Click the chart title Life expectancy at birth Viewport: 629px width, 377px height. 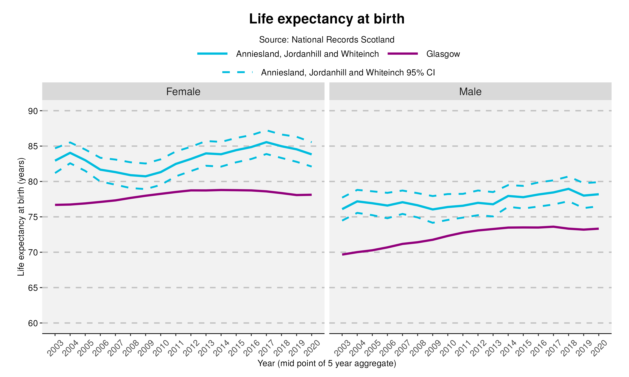point(326,19)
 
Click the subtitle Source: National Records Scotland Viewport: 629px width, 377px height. point(326,40)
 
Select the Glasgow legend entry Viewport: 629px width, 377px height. point(443,54)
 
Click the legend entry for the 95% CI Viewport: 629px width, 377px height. point(348,73)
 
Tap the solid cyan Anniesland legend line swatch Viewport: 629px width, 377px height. point(212,54)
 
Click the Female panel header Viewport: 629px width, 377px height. point(183,92)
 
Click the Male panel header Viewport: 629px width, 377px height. point(470,92)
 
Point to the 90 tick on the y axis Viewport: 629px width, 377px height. point(33,111)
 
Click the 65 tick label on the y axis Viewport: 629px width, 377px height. point(33,288)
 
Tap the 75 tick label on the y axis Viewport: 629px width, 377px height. point(33,217)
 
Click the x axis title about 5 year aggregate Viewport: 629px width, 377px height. point(326,363)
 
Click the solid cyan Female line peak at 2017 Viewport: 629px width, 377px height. point(266,142)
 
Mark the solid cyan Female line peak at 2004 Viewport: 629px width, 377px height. point(70,153)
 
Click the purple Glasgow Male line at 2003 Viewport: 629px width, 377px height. point(343,254)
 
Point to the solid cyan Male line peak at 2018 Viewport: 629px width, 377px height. point(568,189)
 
